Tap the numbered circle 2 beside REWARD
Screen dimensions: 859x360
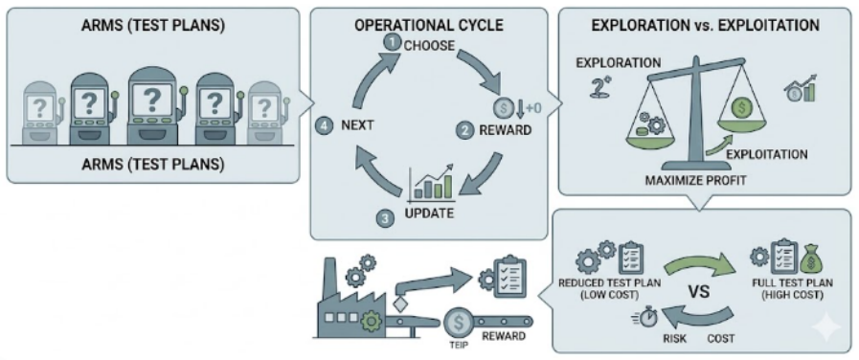(464, 131)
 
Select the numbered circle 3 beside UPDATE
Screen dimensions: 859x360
(385, 218)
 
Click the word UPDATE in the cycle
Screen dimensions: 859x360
(429, 213)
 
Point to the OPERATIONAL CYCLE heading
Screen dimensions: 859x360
(429, 26)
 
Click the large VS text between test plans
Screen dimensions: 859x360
(698, 290)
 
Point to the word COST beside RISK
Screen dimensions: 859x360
(719, 338)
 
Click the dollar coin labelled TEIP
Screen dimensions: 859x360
(457, 324)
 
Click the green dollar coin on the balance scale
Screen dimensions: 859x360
(743, 108)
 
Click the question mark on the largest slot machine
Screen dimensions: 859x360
(151, 101)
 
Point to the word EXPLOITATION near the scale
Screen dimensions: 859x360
(766, 154)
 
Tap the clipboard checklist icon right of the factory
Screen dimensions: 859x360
(508, 276)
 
